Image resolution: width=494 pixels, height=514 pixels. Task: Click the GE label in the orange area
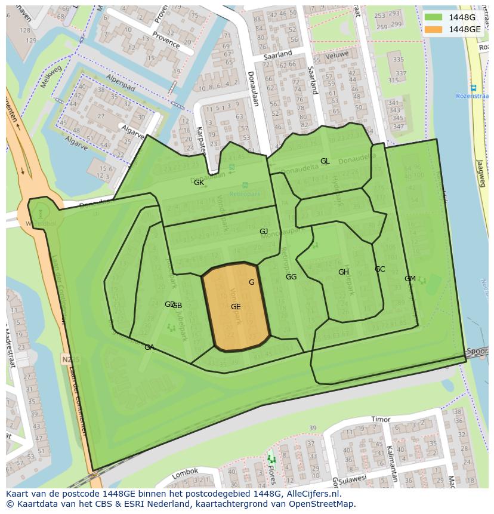point(236,307)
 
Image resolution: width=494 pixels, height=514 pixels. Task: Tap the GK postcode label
point(199,183)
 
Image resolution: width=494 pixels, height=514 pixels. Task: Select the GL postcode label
point(325,161)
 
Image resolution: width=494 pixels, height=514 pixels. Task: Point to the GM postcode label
point(410,279)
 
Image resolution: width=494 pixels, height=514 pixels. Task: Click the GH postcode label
point(344,272)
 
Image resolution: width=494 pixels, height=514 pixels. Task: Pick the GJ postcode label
point(264,232)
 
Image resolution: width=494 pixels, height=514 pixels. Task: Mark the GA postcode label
point(149,347)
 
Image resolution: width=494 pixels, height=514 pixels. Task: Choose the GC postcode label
point(379,269)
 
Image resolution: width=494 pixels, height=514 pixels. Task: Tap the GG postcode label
point(291,277)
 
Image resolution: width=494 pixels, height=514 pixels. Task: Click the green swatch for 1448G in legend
point(434,17)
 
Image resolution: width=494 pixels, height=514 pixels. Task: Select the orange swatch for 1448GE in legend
point(434,29)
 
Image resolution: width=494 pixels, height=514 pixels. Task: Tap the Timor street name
point(380,420)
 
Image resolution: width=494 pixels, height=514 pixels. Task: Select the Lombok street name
point(184,473)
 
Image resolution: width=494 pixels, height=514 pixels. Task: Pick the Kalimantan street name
point(391,463)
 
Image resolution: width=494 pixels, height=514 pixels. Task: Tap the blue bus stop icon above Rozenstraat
point(473,88)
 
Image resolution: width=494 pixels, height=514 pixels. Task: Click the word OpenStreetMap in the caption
point(320,504)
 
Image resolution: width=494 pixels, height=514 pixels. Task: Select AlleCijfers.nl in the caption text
point(311,494)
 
